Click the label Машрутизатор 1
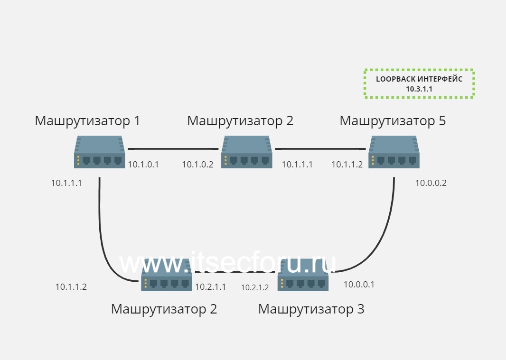(87, 121)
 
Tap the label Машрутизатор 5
(393, 121)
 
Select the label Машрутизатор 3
(311, 309)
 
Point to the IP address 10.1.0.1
(143, 165)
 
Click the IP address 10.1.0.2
(197, 165)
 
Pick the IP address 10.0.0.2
(431, 183)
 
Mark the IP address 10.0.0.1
(359, 285)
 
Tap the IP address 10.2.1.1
(210, 287)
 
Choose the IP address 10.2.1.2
(255, 287)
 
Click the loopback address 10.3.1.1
(419, 89)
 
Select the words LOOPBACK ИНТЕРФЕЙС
(419, 79)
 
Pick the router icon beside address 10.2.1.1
(167, 280)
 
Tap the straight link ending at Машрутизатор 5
(320, 149)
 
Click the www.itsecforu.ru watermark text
(228, 262)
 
